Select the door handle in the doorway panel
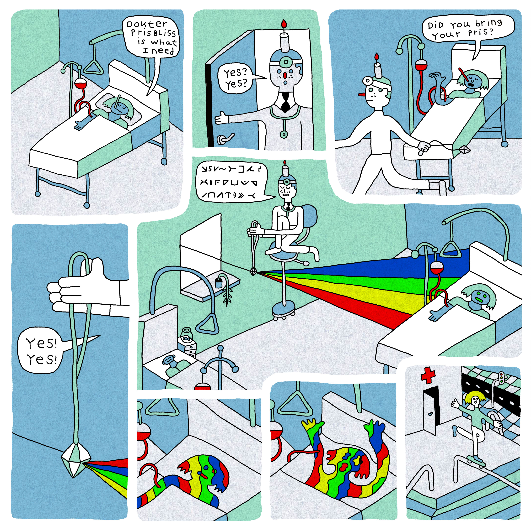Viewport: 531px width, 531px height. click(225, 139)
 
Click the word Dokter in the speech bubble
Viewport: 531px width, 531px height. click(147, 24)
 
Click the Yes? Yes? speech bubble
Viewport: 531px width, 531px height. click(235, 78)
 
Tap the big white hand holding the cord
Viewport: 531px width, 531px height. click(80, 289)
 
